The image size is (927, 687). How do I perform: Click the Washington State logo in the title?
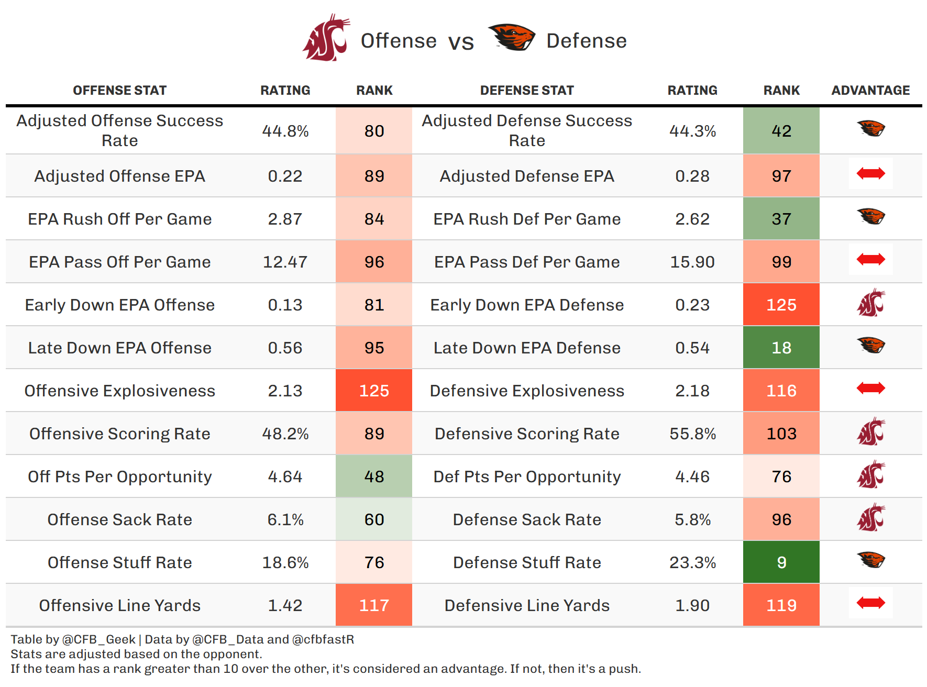326,38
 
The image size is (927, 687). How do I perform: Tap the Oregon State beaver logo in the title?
511,38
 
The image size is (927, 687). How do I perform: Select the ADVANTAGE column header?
870,91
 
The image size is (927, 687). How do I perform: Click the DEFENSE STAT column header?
527,91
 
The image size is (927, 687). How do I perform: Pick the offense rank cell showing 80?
374,131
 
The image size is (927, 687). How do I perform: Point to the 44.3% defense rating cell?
692,131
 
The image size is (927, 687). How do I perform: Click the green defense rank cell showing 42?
781,131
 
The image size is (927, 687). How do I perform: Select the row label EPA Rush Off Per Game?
120,219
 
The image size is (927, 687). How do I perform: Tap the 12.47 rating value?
285,262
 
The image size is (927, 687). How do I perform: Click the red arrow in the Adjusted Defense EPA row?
870,173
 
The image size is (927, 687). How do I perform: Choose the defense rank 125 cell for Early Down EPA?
781,305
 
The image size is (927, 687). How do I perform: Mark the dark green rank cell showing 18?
781,348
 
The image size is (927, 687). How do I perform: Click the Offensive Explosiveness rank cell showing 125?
374,391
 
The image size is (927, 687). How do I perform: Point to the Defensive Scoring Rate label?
527,434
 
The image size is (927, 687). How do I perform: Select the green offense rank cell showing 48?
374,477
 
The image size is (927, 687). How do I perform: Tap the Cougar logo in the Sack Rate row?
870,518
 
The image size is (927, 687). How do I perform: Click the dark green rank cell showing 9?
781,562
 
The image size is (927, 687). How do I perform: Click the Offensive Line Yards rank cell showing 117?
374,605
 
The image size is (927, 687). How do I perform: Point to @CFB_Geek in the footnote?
99,639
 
